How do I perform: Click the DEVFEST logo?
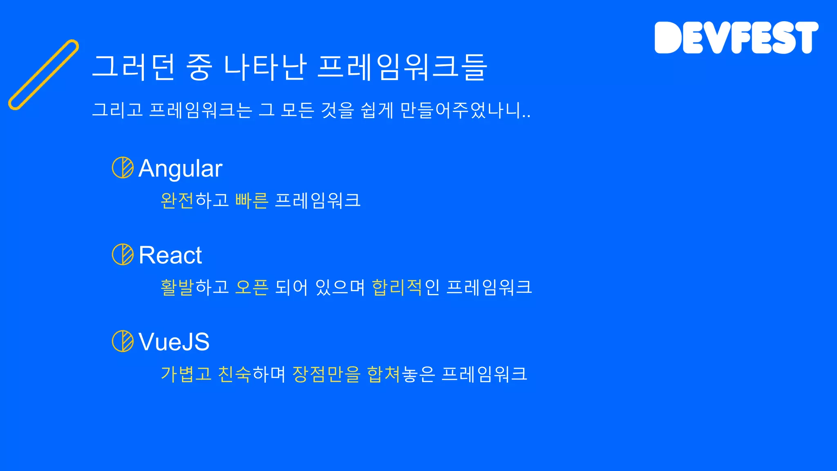(x=736, y=38)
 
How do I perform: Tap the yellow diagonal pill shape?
(x=43, y=75)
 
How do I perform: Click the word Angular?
(x=180, y=168)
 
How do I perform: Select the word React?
(x=170, y=255)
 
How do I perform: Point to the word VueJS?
(x=174, y=342)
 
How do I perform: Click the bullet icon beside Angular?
(x=123, y=168)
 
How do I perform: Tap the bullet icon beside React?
(x=123, y=254)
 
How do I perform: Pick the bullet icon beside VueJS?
(x=123, y=341)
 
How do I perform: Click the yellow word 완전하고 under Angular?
(x=194, y=200)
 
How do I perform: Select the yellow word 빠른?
(x=252, y=200)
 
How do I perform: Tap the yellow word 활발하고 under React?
(x=194, y=287)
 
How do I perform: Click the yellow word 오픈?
(x=252, y=287)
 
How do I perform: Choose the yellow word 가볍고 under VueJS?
(x=186, y=374)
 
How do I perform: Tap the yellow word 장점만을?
(x=326, y=374)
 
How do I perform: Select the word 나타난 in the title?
(x=265, y=67)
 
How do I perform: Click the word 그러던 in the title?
(x=134, y=67)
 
